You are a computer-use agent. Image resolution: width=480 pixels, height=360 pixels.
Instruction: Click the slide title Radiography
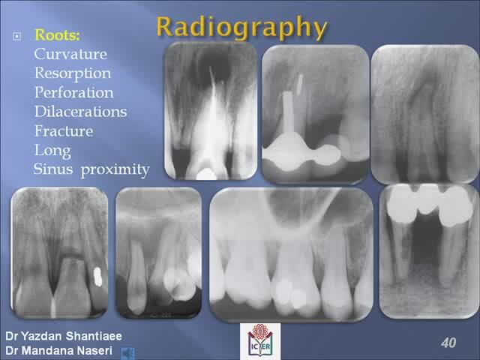(241, 28)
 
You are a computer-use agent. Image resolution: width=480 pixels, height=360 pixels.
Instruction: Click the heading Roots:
(57, 35)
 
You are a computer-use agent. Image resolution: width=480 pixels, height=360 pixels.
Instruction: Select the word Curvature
(70, 54)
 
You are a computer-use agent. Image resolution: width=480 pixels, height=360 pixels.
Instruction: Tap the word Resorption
(73, 74)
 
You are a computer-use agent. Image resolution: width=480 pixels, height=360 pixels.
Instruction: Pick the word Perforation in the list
(73, 92)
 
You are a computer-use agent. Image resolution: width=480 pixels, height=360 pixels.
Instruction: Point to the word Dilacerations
(80, 112)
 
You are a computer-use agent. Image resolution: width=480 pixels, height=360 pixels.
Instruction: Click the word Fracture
(64, 130)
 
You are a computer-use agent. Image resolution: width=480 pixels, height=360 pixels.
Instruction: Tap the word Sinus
(53, 169)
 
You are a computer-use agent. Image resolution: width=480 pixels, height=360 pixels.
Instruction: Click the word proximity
(115, 170)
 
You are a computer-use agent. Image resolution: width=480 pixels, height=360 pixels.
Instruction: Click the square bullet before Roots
(16, 37)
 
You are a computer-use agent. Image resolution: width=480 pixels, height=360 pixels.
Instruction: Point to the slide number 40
(448, 343)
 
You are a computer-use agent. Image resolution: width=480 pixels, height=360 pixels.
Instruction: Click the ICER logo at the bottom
(260, 340)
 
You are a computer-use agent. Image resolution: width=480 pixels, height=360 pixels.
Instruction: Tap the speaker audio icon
(127, 353)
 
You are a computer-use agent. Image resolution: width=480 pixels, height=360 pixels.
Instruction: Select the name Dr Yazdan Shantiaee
(64, 336)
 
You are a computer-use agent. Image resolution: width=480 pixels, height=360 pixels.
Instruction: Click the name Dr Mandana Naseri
(58, 350)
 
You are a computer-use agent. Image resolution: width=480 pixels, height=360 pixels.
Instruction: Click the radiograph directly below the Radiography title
(211, 111)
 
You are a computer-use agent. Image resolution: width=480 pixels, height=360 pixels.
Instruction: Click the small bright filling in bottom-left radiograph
(97, 277)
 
